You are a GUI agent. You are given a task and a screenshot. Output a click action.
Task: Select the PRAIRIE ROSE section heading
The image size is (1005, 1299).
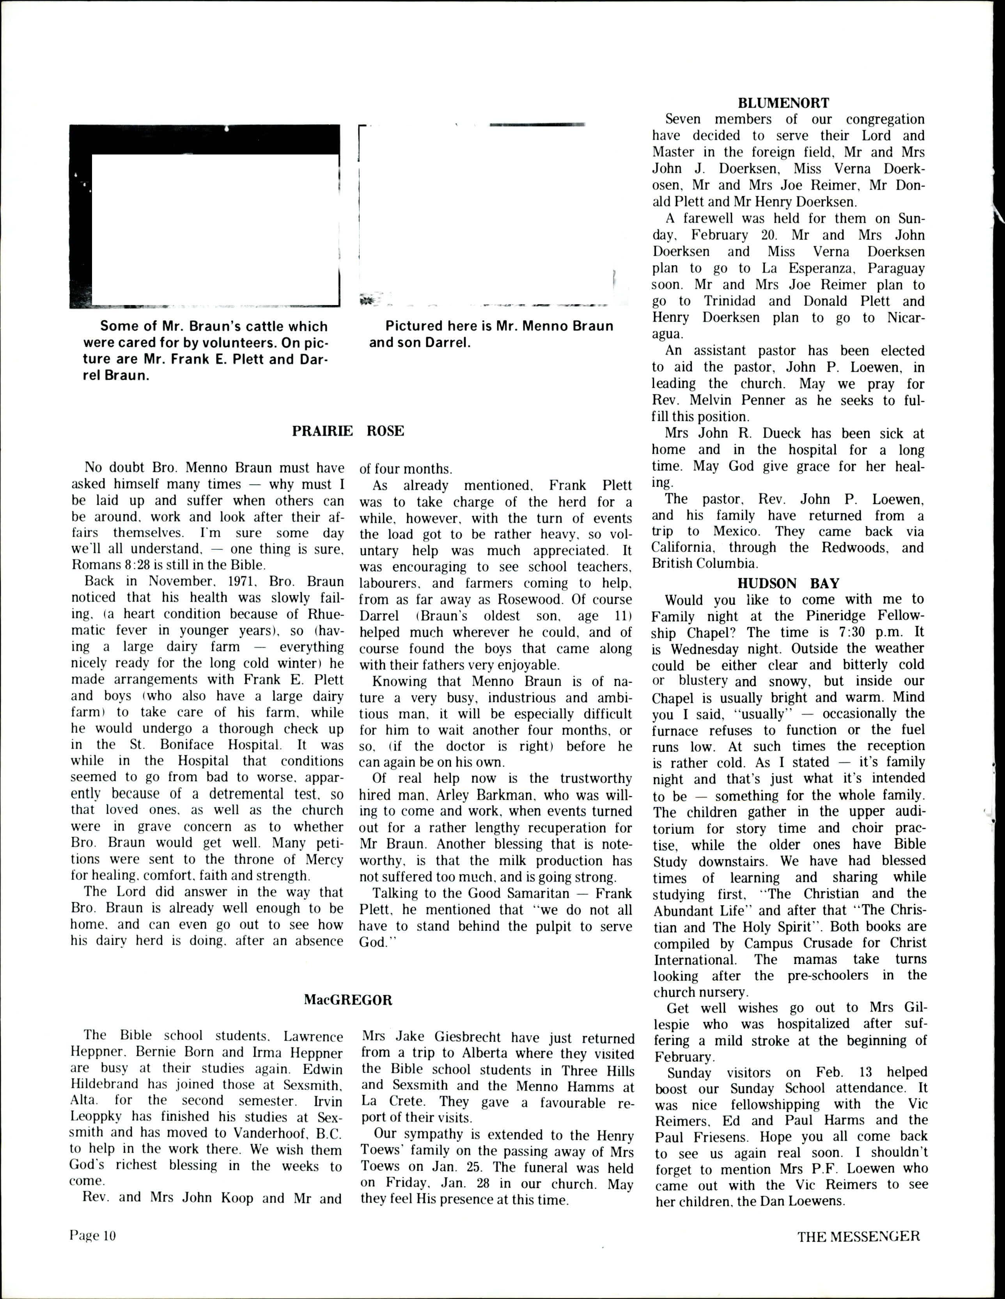coord(348,431)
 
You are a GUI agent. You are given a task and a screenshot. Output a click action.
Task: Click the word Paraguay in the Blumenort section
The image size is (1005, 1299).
coord(895,268)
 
